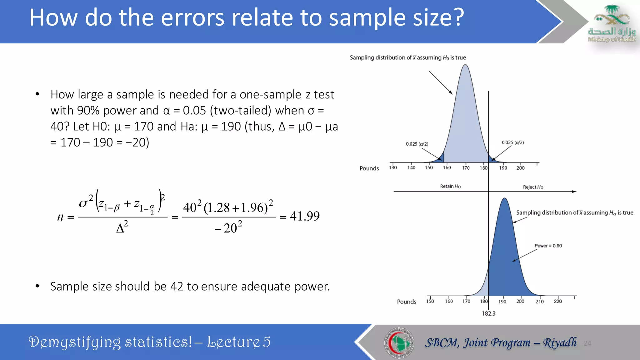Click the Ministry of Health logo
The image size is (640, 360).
coord(612,24)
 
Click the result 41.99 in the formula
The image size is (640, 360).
coord(304,216)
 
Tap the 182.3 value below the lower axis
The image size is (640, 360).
coord(488,313)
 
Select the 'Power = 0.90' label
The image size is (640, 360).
coord(548,246)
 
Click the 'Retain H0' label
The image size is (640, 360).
coord(450,186)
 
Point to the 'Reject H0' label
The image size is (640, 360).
coord(533,187)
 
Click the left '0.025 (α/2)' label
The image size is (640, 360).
coord(417,144)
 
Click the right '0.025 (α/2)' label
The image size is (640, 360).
coord(513,142)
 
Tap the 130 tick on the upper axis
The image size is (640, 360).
coord(393,167)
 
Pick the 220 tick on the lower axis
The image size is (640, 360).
coord(558,301)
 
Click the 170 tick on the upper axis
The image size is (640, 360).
coord(466,168)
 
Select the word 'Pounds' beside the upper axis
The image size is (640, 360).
coord(369,168)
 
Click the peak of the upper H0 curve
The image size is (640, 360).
coord(465,65)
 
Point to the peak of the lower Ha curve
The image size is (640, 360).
coord(504,198)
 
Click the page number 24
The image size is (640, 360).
coord(587,343)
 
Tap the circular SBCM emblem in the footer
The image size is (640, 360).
coord(399,343)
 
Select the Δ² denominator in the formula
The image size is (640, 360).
coord(122,227)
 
